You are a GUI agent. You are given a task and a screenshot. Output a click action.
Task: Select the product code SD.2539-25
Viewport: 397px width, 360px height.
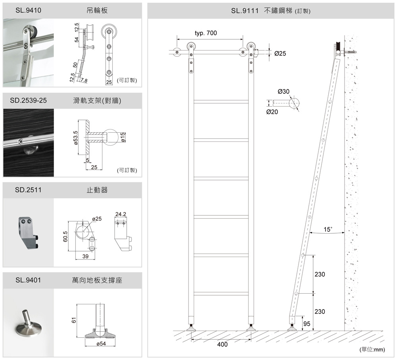[28, 101]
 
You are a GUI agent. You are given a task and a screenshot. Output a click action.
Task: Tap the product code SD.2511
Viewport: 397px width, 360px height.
[28, 190]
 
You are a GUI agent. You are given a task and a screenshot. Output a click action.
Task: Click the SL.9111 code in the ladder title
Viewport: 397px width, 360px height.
[245, 11]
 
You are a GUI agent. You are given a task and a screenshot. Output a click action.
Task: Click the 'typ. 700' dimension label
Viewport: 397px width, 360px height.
[206, 33]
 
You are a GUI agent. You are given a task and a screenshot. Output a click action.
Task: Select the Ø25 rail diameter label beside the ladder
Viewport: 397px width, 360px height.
[280, 53]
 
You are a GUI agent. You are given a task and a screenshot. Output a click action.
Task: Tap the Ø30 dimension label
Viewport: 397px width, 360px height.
[284, 91]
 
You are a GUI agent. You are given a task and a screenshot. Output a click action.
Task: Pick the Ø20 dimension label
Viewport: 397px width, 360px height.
[272, 112]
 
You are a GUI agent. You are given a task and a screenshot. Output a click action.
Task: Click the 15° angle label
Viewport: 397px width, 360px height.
[328, 229]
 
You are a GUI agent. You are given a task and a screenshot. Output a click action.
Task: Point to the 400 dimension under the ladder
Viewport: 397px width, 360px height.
[222, 345]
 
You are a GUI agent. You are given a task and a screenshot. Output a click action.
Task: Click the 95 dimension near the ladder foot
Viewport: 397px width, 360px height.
[307, 324]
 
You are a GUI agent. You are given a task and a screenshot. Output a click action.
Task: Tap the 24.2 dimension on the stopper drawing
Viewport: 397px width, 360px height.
[121, 215]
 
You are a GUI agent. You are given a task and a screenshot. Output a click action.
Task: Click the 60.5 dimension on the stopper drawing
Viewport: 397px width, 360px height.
[65, 236]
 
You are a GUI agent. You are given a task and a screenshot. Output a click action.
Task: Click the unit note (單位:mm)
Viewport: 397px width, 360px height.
[372, 350]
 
